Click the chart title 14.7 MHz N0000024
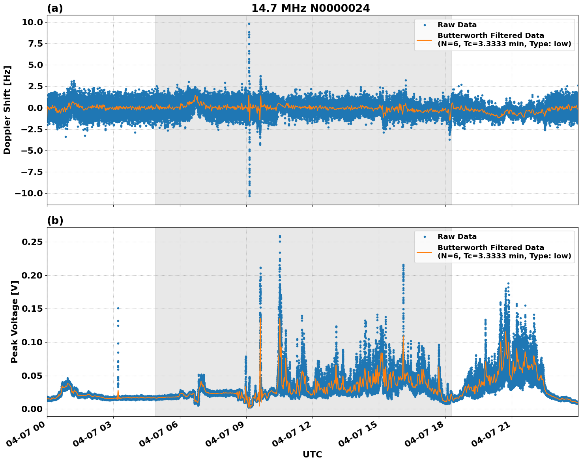click(x=311, y=8)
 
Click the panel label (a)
click(x=55, y=8)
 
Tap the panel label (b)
click(x=55, y=220)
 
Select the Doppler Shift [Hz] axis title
click(x=7, y=110)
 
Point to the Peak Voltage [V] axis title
click(x=15, y=330)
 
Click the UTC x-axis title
click(x=312, y=454)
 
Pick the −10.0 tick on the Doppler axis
click(x=29, y=193)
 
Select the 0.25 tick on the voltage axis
click(x=32, y=242)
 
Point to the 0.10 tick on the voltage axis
click(x=32, y=342)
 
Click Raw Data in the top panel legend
click(x=457, y=25)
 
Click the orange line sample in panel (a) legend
click(x=425, y=40)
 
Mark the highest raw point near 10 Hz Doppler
click(x=249, y=24)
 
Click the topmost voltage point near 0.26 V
click(x=280, y=236)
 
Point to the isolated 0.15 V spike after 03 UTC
click(x=118, y=308)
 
